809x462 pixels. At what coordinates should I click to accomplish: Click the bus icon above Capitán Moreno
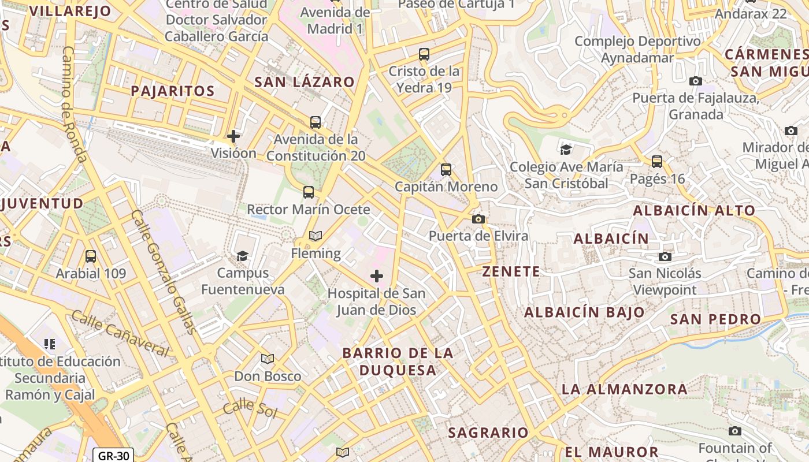446,170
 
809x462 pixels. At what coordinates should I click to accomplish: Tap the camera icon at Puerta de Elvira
478,219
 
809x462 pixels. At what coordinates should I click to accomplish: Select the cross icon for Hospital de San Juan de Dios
377,276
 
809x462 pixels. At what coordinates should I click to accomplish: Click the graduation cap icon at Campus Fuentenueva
243,256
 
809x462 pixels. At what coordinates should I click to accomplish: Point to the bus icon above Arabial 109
90,256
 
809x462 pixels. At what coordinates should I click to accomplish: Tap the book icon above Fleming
316,236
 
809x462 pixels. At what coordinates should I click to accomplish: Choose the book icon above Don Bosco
267,359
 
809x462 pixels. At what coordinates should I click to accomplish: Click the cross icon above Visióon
233,136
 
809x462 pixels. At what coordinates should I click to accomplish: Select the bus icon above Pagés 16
657,162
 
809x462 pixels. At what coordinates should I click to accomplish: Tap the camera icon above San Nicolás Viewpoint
665,256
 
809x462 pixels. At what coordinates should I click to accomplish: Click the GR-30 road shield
113,455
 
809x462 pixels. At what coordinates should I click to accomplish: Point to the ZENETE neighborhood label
511,271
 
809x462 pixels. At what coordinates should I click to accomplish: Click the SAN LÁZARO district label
305,82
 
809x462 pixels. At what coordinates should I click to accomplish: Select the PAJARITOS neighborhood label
172,91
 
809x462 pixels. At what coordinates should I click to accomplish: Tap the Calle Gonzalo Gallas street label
164,271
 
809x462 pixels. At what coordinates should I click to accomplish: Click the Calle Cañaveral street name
120,333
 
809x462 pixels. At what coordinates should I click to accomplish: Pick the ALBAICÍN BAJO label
584,312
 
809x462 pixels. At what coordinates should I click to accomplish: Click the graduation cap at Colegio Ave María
566,150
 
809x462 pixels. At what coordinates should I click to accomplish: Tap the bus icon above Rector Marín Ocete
309,192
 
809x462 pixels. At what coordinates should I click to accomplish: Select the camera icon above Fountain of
735,431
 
